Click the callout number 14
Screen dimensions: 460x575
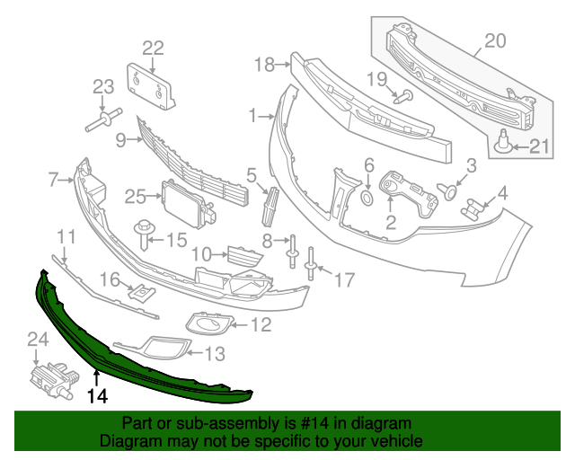click(x=96, y=394)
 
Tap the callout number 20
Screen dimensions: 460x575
click(x=495, y=40)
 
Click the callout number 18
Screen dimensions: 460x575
click(x=262, y=63)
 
